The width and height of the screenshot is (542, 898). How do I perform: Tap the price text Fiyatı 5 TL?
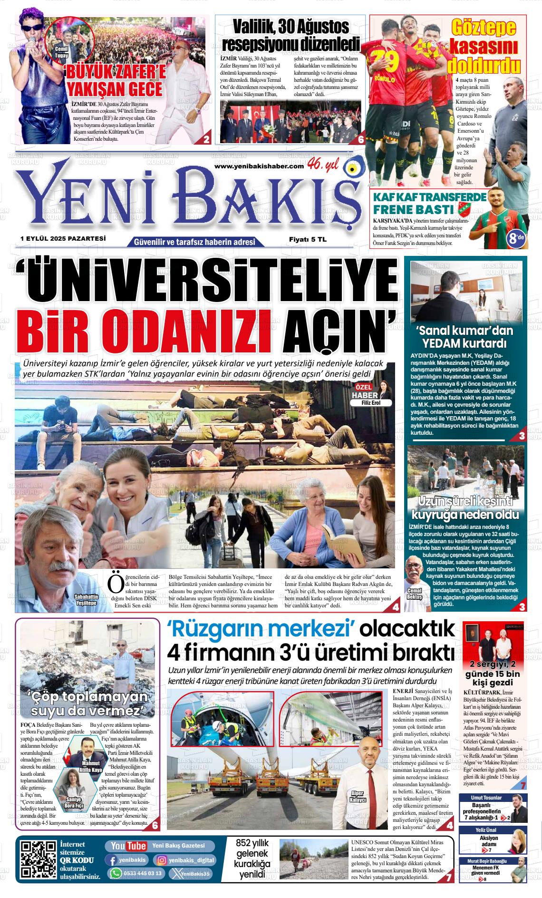click(x=308, y=240)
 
